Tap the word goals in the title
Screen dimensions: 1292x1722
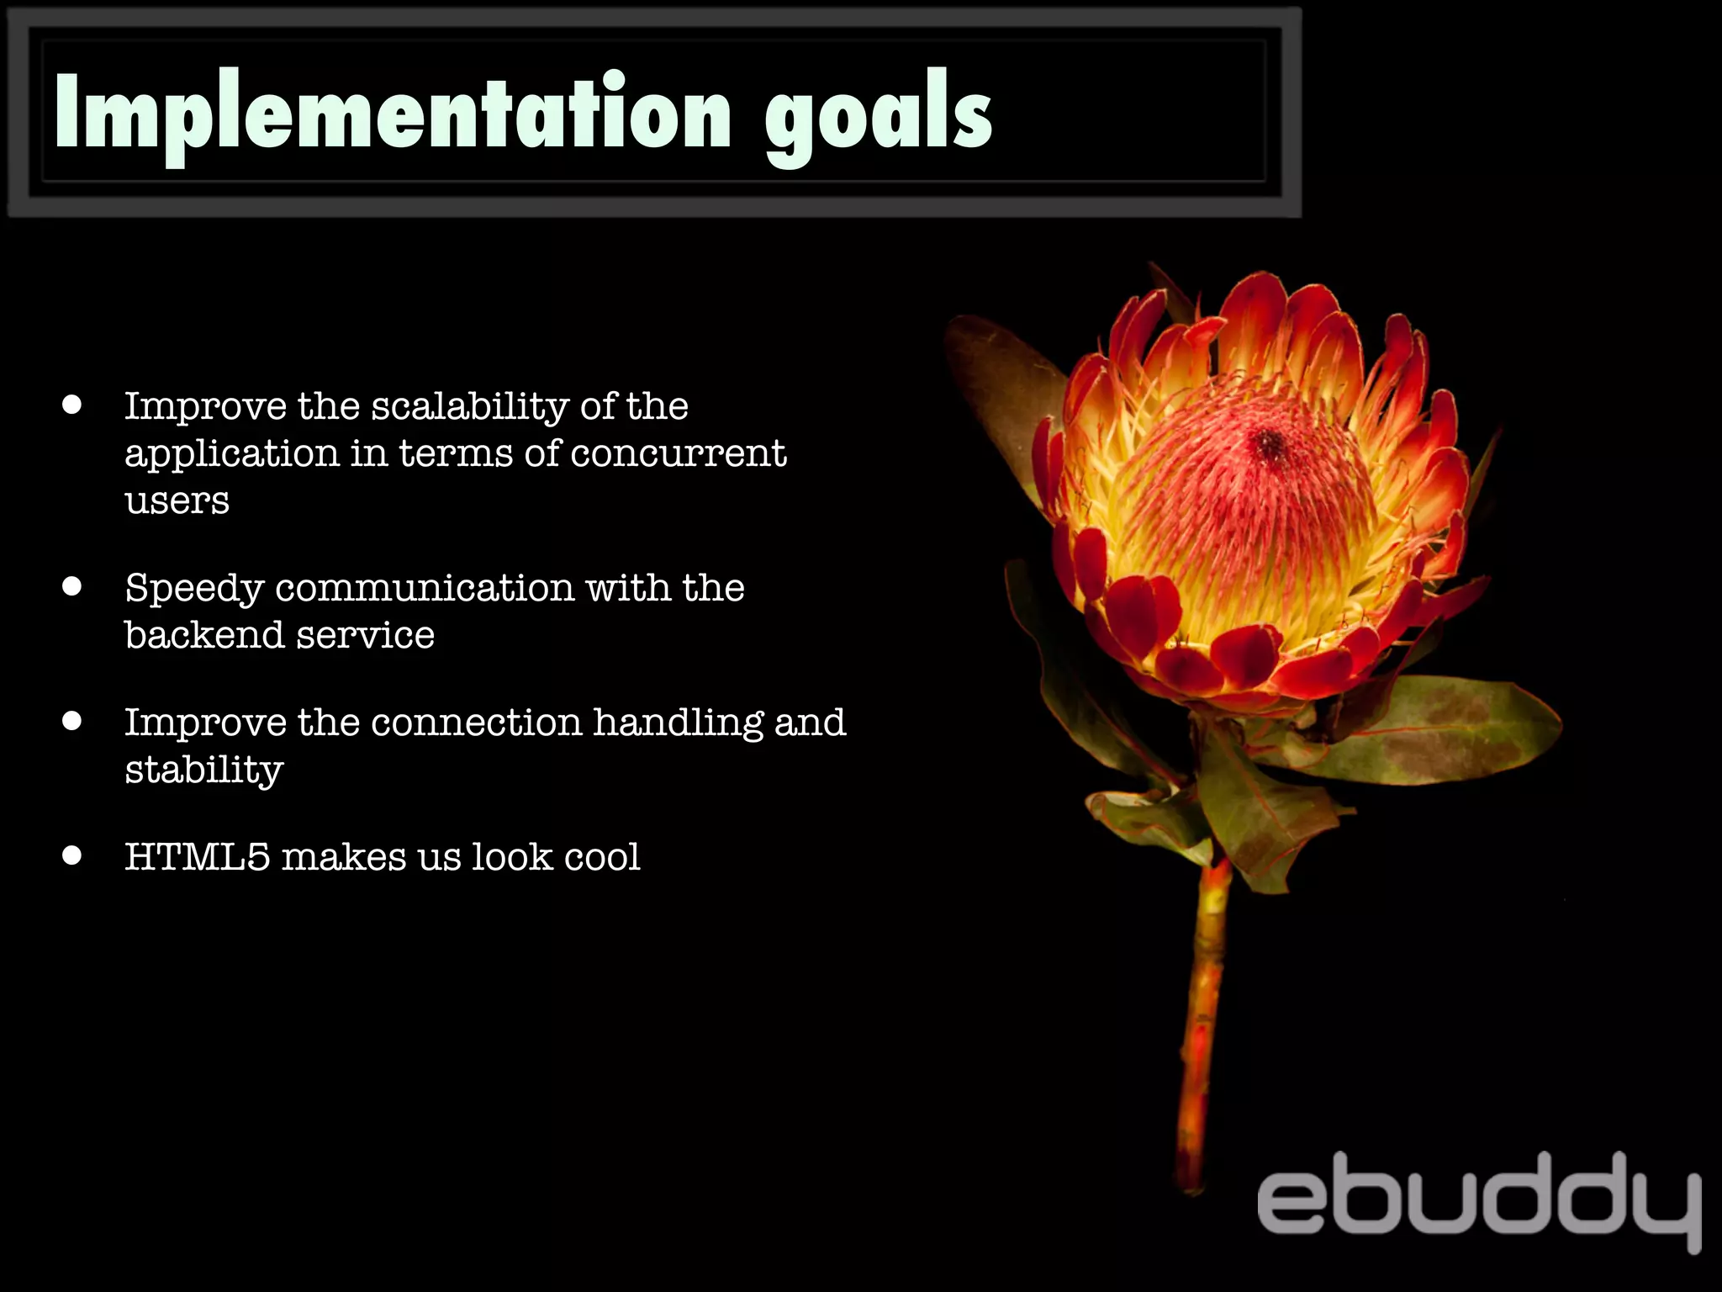pos(879,118)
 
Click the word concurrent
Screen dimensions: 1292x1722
pos(679,454)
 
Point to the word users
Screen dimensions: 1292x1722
pos(177,501)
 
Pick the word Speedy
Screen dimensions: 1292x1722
pos(194,589)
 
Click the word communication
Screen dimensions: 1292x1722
pos(425,587)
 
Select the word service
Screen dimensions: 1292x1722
pos(365,635)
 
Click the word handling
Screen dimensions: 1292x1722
pos(678,723)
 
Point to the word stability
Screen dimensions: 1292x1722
pos(203,770)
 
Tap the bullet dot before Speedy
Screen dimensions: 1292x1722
pos(72,586)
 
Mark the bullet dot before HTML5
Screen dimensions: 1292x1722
pos(72,855)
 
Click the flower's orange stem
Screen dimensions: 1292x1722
pos(1202,1009)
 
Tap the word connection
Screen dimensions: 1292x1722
pos(476,723)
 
